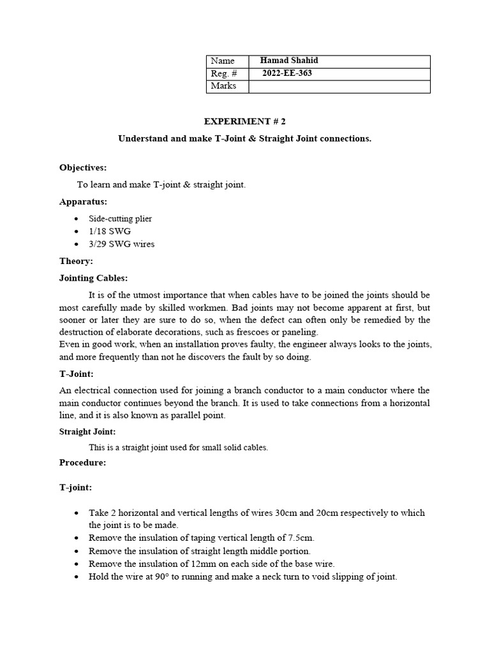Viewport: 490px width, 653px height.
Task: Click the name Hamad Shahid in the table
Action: click(289, 61)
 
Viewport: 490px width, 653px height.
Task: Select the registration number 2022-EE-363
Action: click(287, 73)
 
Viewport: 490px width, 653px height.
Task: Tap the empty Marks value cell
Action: click(339, 86)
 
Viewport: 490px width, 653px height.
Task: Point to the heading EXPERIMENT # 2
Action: click(244, 121)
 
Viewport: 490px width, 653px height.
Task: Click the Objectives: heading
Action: click(83, 168)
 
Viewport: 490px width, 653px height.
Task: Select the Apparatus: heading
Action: click(83, 202)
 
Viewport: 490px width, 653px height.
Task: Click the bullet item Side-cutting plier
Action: click(120, 219)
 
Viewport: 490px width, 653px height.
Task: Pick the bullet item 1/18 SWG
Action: click(110, 231)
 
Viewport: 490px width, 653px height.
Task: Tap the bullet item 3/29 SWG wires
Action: click(121, 244)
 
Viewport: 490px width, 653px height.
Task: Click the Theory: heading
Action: click(76, 261)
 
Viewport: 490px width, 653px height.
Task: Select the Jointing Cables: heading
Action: click(93, 278)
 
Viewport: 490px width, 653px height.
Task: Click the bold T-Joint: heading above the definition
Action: click(77, 374)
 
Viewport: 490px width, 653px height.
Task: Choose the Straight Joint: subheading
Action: click(87, 432)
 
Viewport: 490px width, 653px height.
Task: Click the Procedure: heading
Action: click(82, 462)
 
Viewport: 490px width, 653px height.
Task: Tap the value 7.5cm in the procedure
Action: click(297, 538)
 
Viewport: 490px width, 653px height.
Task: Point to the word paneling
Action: click(299, 332)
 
